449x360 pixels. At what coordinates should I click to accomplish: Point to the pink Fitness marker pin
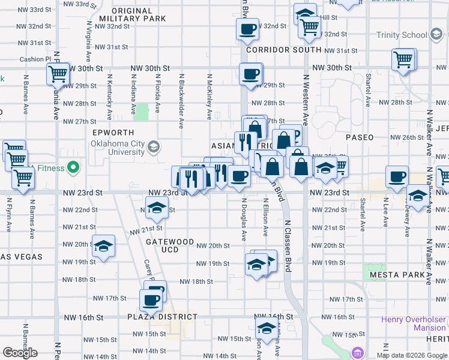[x=74, y=167]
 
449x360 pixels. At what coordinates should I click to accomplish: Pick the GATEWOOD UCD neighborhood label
[x=170, y=245]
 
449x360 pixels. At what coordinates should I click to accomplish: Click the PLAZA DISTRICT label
[x=162, y=317]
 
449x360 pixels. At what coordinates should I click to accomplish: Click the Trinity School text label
[x=401, y=35]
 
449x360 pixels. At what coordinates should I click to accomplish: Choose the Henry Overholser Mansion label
[x=414, y=323]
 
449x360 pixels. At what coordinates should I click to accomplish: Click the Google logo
[x=20, y=353]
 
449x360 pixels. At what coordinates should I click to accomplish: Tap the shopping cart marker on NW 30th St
[x=59, y=74]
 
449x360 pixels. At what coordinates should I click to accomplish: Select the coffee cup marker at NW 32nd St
[x=247, y=28]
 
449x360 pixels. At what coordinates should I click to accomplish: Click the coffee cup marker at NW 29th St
[x=250, y=74]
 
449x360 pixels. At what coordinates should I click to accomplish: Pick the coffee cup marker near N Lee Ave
[x=397, y=177]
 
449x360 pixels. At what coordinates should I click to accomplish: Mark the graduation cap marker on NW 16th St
[x=265, y=328]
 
